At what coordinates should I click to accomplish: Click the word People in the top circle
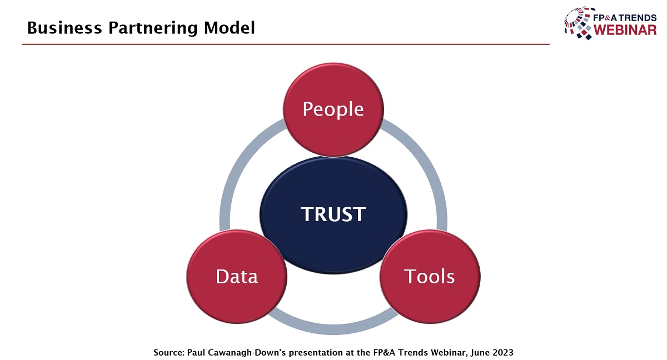click(x=333, y=110)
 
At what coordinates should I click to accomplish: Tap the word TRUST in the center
click(x=333, y=214)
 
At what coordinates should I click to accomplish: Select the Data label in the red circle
click(x=237, y=277)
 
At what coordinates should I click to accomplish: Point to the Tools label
click(x=429, y=277)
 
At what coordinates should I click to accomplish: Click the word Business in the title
click(x=64, y=28)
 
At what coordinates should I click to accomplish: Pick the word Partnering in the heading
click(x=153, y=28)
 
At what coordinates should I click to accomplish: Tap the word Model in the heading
click(x=229, y=28)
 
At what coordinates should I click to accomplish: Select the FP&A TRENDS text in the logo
click(x=625, y=18)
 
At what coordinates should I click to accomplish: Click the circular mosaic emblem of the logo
click(x=579, y=23)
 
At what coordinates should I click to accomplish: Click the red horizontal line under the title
click(x=286, y=44)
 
